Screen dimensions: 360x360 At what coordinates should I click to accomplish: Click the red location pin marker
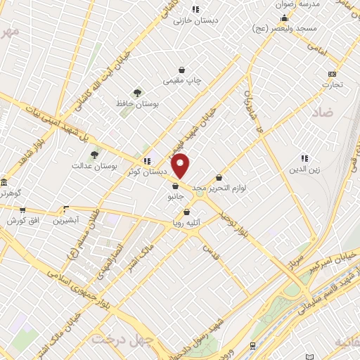click(x=181, y=165)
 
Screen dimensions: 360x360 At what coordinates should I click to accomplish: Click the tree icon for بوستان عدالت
click(x=94, y=154)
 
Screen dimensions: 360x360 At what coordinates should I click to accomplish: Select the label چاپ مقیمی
click(x=182, y=81)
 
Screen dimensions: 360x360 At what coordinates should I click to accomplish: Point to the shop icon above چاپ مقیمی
click(x=182, y=70)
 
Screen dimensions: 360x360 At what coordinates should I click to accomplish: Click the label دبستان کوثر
click(x=147, y=172)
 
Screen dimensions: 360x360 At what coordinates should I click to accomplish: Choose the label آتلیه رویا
click(x=187, y=224)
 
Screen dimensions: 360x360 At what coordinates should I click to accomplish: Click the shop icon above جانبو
click(x=174, y=186)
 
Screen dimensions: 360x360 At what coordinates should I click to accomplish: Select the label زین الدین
click(x=304, y=170)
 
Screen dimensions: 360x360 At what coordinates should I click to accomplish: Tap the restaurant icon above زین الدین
click(x=304, y=159)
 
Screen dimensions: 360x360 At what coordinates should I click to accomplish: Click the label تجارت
click(x=332, y=85)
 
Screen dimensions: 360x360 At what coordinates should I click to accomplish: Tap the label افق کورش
click(x=22, y=221)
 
